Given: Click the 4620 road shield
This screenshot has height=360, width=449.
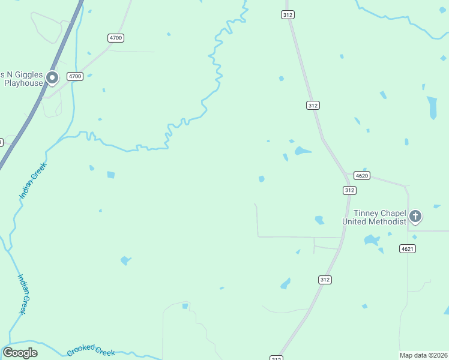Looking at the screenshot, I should (x=362, y=176).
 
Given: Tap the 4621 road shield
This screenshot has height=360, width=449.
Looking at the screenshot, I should (x=406, y=248).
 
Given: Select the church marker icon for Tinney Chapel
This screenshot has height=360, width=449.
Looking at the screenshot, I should (x=415, y=217).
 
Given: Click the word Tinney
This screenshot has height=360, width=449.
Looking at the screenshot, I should (x=366, y=213).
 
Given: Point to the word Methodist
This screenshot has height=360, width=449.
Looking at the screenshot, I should (x=388, y=221).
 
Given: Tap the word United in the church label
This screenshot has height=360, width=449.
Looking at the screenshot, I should (x=354, y=221).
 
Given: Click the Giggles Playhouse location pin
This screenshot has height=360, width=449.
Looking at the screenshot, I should (x=52, y=77).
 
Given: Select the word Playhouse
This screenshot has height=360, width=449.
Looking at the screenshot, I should (x=23, y=83).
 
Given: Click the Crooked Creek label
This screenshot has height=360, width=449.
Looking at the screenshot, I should (x=91, y=350).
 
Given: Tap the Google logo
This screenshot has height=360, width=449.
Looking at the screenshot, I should (x=20, y=353).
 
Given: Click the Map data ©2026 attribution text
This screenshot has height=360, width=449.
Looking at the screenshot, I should (x=423, y=355).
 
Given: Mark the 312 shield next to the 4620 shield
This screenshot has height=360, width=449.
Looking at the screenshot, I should (x=350, y=190).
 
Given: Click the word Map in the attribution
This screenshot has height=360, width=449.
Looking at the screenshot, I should (x=406, y=355).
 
